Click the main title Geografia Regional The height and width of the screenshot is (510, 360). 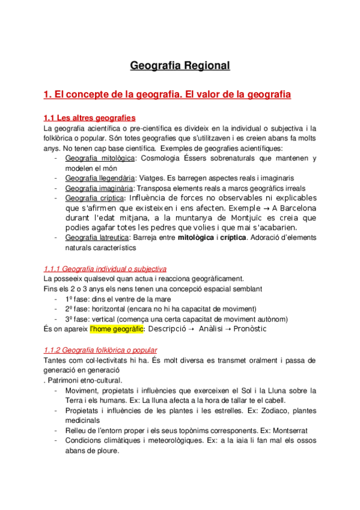point(180,65)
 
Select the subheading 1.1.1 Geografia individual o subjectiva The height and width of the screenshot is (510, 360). point(105,269)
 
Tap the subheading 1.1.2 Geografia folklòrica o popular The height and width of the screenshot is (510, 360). point(100,350)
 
